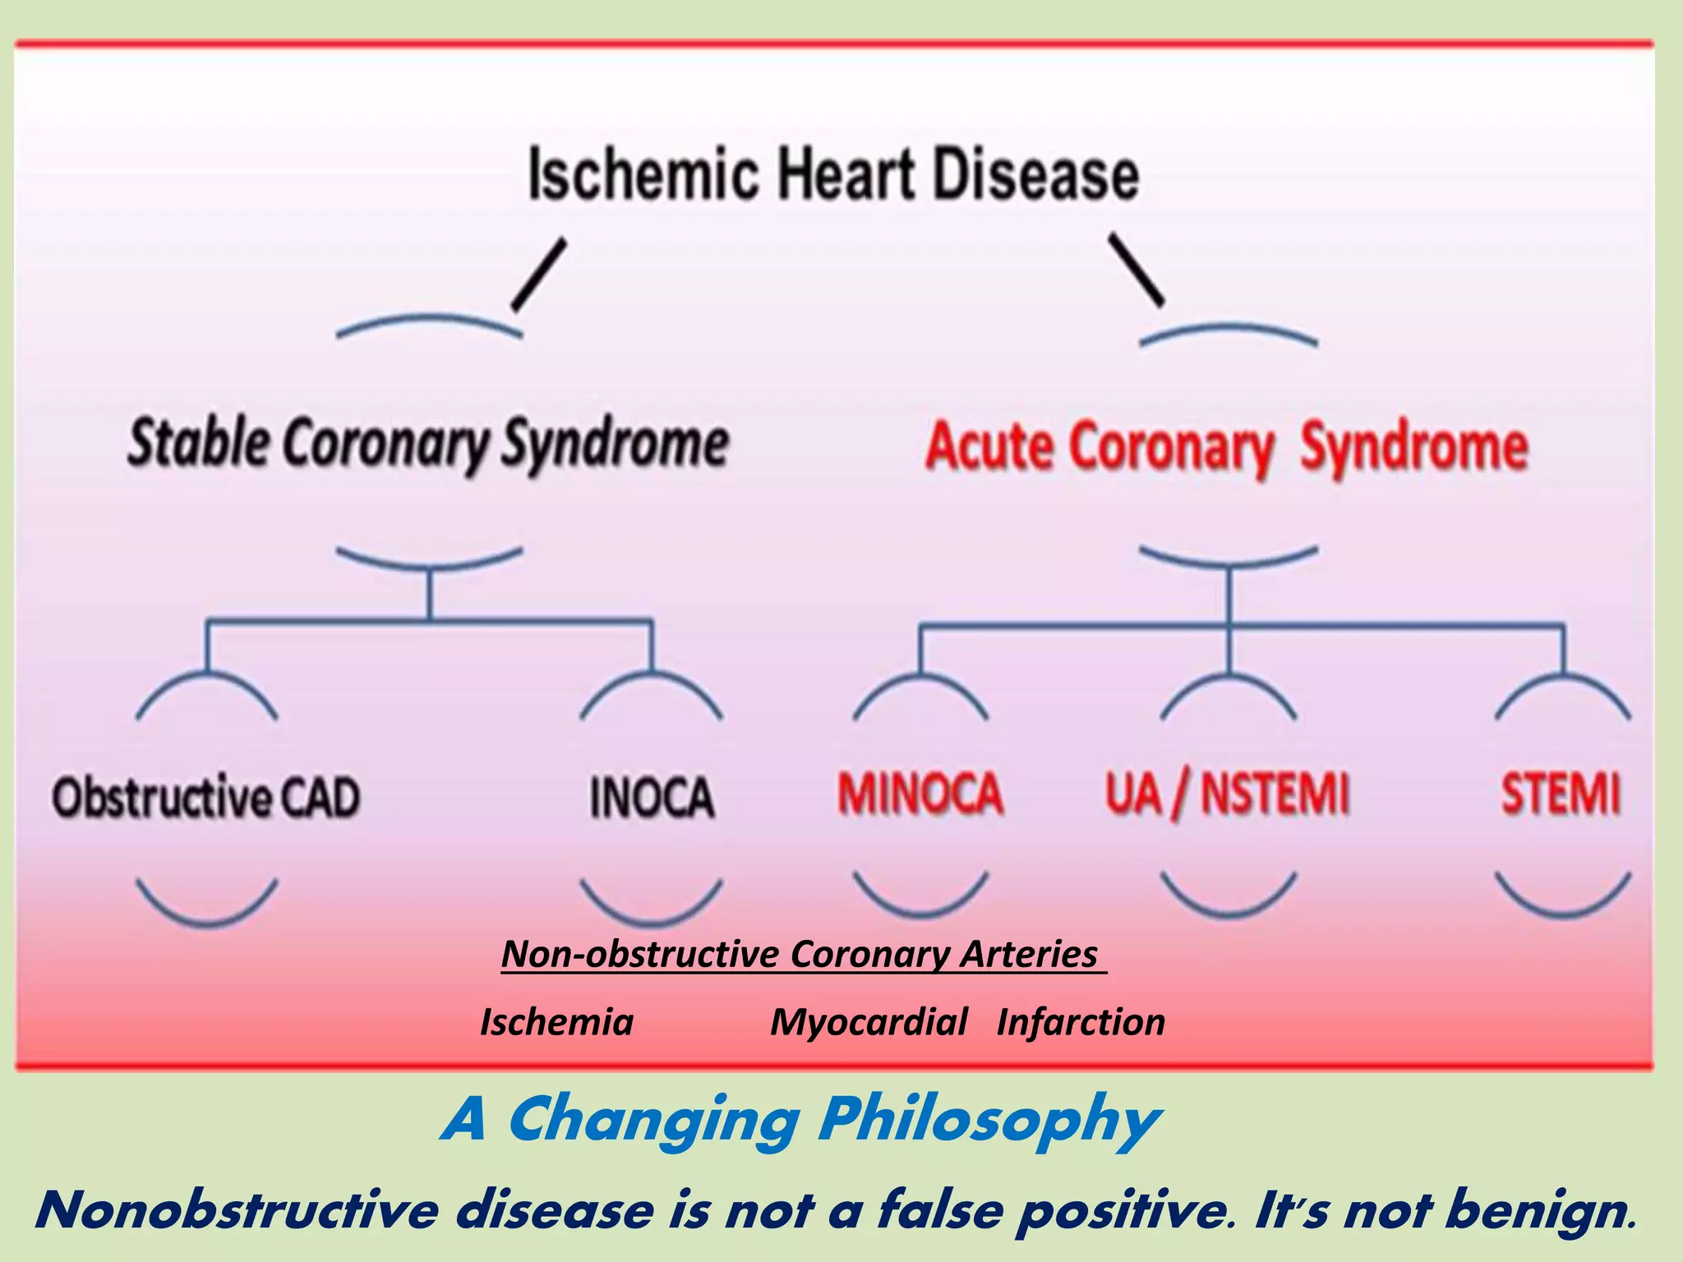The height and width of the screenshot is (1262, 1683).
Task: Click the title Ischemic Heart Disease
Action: (x=833, y=174)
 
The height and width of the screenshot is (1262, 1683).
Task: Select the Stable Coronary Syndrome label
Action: (x=428, y=444)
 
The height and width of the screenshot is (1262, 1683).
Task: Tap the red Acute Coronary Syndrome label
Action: (x=1226, y=448)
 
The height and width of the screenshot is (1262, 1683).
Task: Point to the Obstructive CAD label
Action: (x=206, y=797)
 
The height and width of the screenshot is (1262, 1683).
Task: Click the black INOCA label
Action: (x=652, y=797)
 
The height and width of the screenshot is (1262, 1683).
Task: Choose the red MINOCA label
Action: (x=920, y=794)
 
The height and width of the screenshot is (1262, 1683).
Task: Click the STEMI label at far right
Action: (x=1561, y=794)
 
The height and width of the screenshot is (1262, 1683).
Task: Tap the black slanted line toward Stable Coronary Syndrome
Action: (x=539, y=274)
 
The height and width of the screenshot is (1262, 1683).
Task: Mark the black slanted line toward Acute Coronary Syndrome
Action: (x=1137, y=270)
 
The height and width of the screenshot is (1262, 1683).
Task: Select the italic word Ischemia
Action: (x=556, y=1022)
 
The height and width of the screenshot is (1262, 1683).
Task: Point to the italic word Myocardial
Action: (x=869, y=1022)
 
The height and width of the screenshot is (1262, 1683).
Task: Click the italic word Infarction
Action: (x=1081, y=1022)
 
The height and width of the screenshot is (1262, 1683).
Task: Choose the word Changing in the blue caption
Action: (x=653, y=1121)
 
